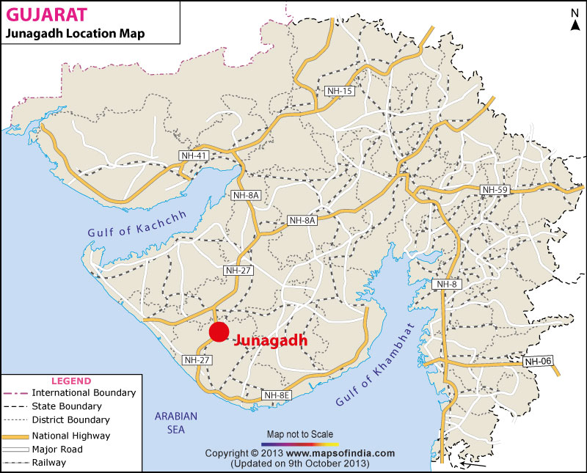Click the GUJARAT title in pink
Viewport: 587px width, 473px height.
point(45,13)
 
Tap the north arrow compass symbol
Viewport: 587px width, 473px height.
point(575,18)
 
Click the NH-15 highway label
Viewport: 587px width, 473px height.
point(340,90)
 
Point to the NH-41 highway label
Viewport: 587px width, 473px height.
point(194,155)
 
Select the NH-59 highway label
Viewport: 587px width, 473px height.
point(494,190)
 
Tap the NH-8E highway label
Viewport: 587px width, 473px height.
point(277,395)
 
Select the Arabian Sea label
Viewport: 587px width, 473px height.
point(176,422)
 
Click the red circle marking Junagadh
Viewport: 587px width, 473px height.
point(219,332)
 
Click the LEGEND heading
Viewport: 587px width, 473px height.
point(70,381)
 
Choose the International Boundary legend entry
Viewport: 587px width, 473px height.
point(84,393)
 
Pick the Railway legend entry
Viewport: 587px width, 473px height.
point(48,463)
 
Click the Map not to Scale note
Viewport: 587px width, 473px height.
point(301,434)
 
